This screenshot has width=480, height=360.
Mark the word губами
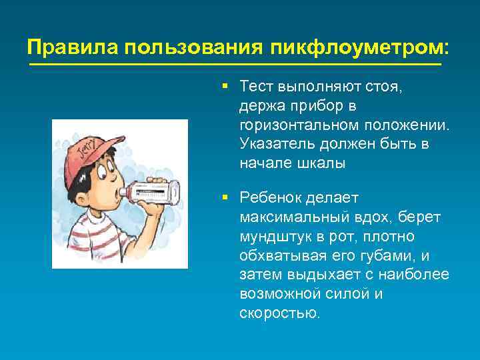pos(393,256)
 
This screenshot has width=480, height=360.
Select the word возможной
pos(278,294)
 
